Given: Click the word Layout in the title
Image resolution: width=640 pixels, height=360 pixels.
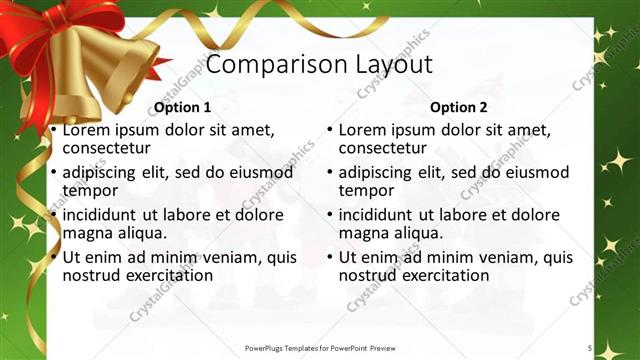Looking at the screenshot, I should click(393, 65).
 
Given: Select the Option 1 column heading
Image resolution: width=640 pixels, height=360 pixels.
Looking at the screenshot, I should click(182, 107).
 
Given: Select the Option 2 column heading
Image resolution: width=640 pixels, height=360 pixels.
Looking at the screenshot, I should click(458, 107).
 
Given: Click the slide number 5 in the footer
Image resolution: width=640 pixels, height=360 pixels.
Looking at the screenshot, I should click(590, 347).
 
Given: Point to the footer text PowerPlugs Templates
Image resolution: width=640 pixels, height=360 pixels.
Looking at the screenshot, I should click(290, 347).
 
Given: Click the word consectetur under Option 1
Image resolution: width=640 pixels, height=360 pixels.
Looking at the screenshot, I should click(105, 148).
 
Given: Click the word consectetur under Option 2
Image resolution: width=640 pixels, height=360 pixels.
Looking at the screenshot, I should click(381, 148).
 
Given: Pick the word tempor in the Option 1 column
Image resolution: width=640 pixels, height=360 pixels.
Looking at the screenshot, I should click(90, 190).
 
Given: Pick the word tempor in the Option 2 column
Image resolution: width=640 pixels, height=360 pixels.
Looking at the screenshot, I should click(366, 190).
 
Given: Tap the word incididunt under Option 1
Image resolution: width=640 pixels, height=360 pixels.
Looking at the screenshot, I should click(103, 215).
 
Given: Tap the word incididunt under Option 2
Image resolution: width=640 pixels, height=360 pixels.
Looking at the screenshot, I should click(379, 215).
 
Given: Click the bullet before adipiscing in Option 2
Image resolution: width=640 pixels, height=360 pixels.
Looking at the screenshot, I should click(329, 173).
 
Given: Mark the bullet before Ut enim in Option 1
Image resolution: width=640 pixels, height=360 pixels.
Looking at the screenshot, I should click(53, 257).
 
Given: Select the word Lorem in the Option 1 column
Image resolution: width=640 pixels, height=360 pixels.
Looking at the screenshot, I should click(85, 130).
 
